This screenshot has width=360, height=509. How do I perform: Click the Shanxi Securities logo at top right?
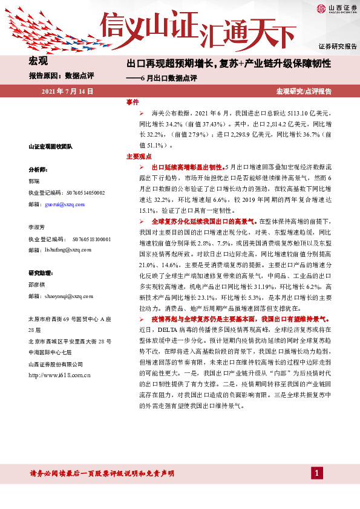point(335,8)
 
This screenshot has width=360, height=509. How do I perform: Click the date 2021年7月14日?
point(67,91)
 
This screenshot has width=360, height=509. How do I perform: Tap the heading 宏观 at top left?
point(38,60)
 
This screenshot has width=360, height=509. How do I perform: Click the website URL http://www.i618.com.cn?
point(59,375)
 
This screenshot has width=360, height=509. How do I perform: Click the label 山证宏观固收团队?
point(50,146)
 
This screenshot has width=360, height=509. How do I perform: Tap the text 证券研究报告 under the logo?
point(338,46)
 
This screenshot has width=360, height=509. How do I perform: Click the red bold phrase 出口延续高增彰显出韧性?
point(187,166)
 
